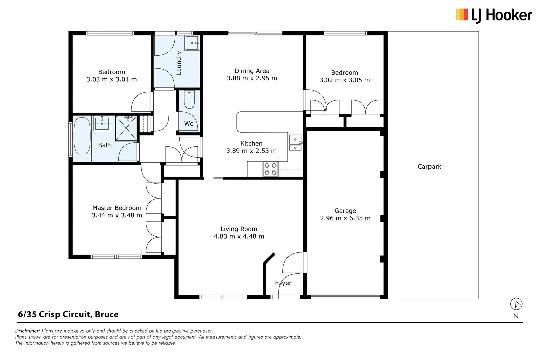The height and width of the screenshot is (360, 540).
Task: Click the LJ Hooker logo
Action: tap(494, 15)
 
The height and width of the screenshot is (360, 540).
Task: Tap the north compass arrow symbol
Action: tap(516, 304)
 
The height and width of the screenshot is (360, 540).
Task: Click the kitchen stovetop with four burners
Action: tap(270, 169)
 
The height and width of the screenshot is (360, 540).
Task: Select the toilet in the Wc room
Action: tap(189, 100)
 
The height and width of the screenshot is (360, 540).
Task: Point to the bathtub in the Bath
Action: tap(82, 136)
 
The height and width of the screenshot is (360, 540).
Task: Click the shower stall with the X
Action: tap(126, 128)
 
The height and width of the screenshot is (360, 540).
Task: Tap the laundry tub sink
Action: tap(192, 43)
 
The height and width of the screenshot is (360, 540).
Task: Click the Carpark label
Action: tap(429, 167)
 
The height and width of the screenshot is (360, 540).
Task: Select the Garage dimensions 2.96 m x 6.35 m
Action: tap(345, 218)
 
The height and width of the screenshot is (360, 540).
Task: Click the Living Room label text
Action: tap(239, 229)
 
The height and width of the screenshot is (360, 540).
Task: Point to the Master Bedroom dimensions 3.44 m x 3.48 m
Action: tap(117, 215)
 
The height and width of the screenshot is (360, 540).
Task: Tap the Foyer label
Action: tap(283, 283)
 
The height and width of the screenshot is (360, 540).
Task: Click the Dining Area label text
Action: tap(252, 71)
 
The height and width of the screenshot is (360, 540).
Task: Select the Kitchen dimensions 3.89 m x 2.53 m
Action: tap(251, 151)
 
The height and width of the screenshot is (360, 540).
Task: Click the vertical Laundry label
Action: tap(179, 63)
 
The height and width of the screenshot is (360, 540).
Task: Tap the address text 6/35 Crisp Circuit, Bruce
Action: tap(68, 314)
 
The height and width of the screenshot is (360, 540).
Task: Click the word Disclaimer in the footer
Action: tap(27, 331)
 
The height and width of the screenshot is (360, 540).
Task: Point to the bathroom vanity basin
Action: tap(102, 123)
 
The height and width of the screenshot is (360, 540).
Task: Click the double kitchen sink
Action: tap(295, 143)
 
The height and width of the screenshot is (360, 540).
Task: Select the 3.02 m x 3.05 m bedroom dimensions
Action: tap(345, 80)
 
